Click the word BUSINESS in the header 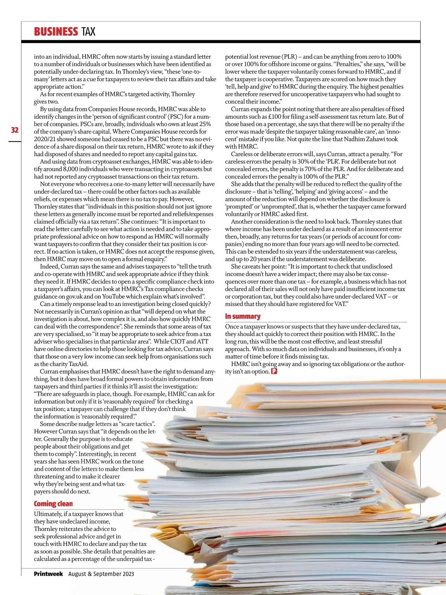56,32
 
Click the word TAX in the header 88,32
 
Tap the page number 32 14,130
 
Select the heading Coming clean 53,503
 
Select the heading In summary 243,316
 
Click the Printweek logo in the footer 48,573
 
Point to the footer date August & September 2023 101,574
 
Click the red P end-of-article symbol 274,371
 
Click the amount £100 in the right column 274,116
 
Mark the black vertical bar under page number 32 15,141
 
